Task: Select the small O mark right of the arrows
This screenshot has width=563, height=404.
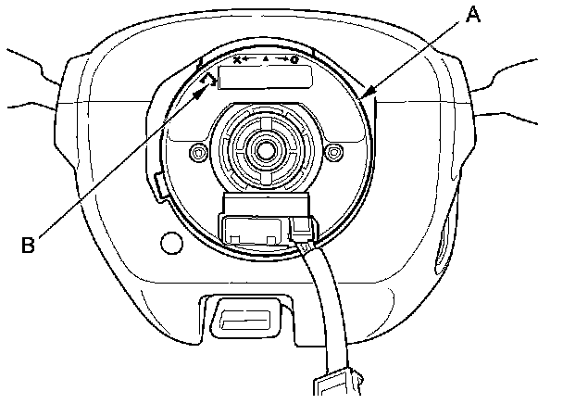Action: pyautogui.click(x=294, y=59)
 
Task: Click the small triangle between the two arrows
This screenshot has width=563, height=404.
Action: pyautogui.click(x=265, y=59)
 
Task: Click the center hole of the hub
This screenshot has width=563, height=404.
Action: pyautogui.click(x=266, y=146)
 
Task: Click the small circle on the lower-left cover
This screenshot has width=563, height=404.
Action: pyautogui.click(x=172, y=244)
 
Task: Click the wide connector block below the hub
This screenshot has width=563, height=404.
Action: pyautogui.click(x=252, y=228)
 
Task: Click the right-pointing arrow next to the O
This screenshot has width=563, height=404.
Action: pyautogui.click(x=281, y=59)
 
